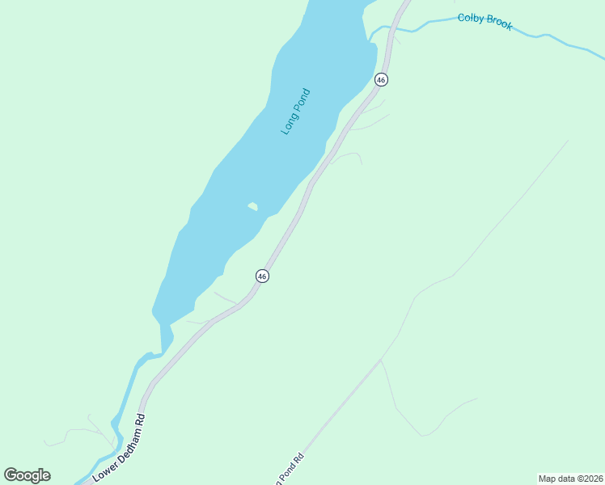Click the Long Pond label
296,112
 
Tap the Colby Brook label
484,21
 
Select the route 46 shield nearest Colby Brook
381,79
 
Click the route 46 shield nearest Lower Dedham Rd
262,276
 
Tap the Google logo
27,475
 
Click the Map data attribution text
570,479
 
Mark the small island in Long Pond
253,207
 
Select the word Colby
471,19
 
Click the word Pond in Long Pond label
302,99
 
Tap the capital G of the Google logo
11,475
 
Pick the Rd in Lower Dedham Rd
141,420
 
